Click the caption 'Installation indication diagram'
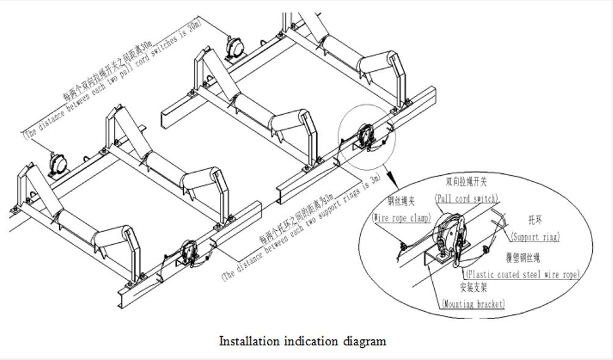point(302,341)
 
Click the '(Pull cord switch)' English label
point(466,198)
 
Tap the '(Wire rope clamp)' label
point(402,218)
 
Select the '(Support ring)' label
point(535,237)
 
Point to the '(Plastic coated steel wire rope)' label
point(522,275)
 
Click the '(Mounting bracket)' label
point(473,303)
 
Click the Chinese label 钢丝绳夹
point(401,201)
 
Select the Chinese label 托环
point(535,220)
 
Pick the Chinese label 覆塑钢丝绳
point(523,258)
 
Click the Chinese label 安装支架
point(473,287)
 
